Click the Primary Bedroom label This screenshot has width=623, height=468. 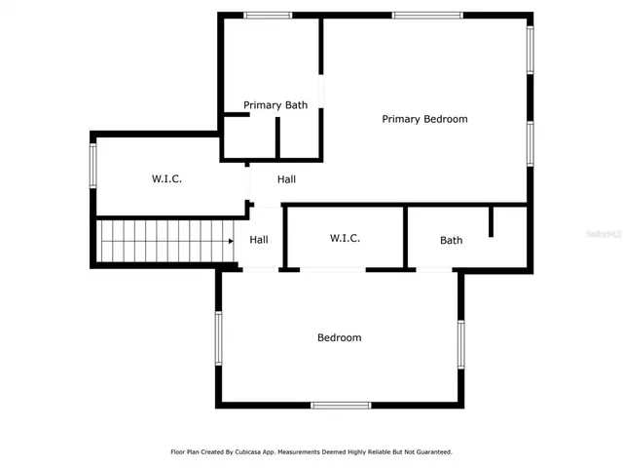(424, 119)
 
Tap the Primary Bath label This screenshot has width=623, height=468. (275, 105)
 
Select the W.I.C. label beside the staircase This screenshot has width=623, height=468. (167, 178)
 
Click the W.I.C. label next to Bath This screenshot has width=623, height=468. (346, 238)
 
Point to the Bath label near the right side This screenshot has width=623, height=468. (451, 240)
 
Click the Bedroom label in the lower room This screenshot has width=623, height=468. (339, 337)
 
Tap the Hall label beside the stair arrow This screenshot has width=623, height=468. (259, 240)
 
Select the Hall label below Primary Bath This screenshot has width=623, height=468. (286, 179)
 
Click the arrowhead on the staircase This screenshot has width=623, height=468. (231, 240)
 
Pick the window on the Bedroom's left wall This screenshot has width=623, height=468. (219, 337)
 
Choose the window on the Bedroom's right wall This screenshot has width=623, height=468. (460, 343)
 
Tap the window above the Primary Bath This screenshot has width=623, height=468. (268, 15)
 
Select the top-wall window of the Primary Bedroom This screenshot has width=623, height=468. (427, 15)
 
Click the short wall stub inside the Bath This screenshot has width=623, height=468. (492, 221)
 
